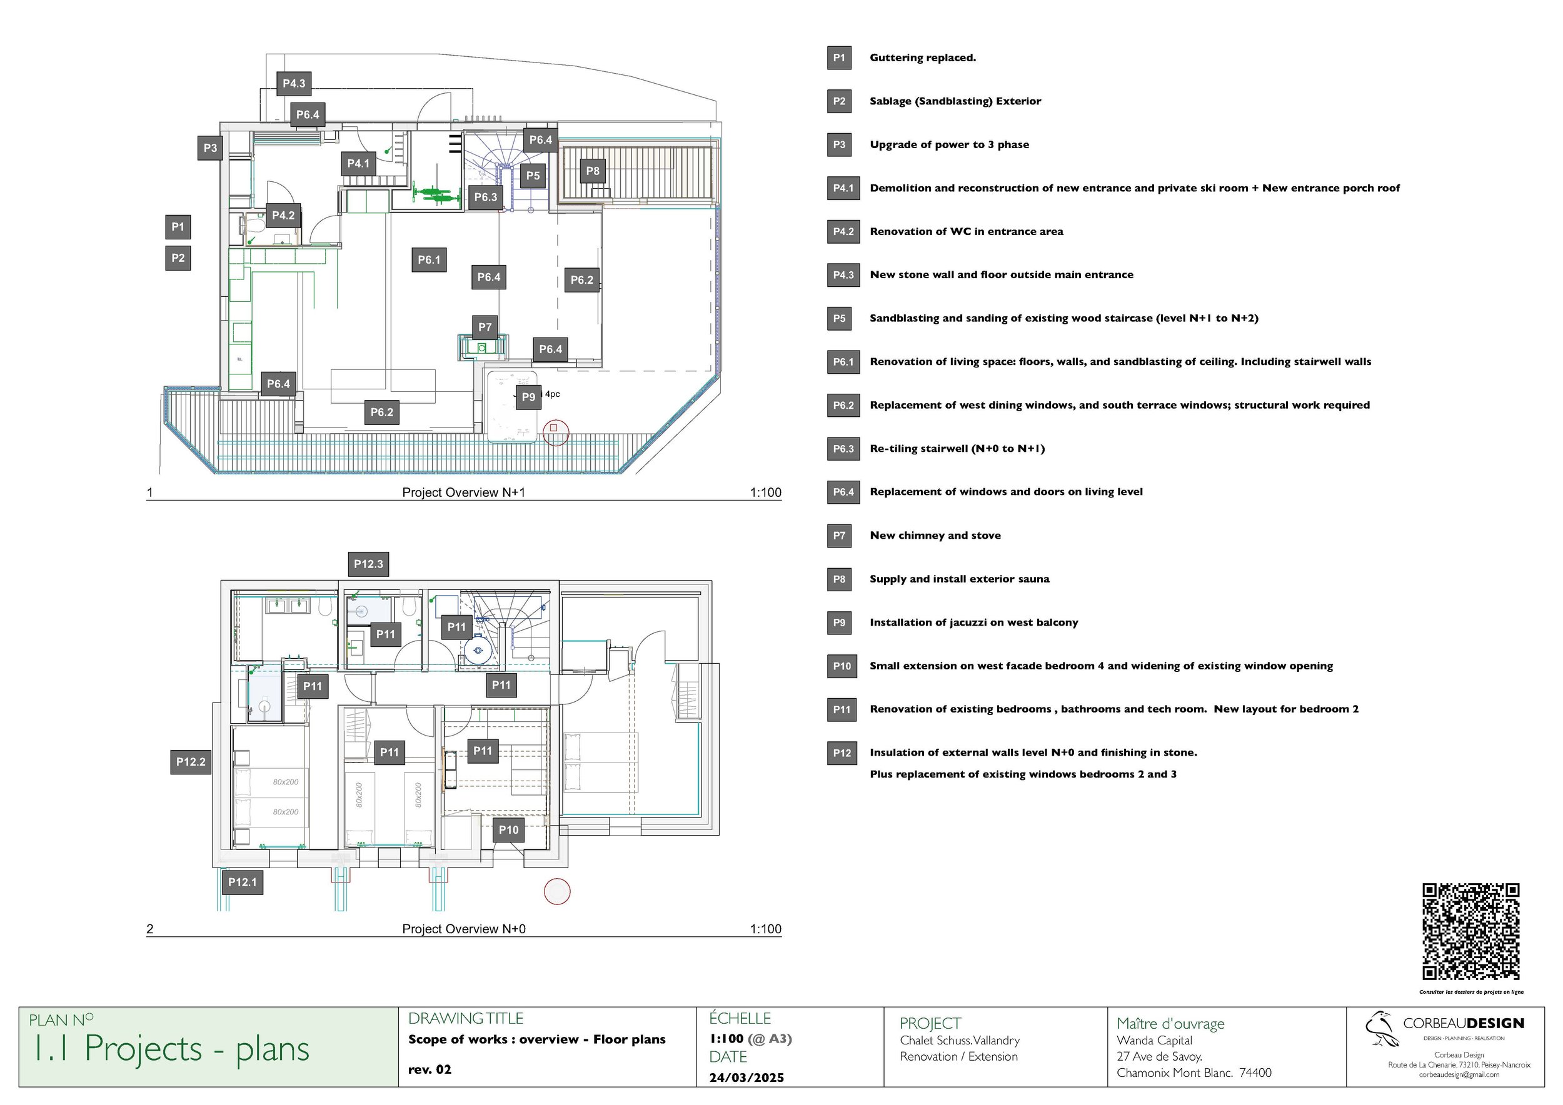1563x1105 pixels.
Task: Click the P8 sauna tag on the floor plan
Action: [x=592, y=171]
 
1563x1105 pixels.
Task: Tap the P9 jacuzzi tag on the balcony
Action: [x=528, y=397]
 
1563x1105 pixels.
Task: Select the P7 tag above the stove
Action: [x=485, y=327]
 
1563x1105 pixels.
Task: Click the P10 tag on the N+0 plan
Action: [x=508, y=829]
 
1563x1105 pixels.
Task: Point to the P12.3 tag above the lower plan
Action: [x=368, y=564]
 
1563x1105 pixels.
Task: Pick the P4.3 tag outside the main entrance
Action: [x=294, y=83]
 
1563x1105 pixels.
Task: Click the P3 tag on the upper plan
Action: [x=210, y=147]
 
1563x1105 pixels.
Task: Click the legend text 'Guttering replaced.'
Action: [x=922, y=58]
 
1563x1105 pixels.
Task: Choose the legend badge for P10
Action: [x=842, y=666]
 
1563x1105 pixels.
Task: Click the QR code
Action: [x=1470, y=931]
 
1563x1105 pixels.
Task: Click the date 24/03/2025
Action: [x=746, y=1077]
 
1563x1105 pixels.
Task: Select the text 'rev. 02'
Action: [x=430, y=1069]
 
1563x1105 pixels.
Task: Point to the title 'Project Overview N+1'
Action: [x=464, y=492]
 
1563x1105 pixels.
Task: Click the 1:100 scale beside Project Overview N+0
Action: [x=765, y=929]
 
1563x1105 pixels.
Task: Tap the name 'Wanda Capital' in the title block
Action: [x=1154, y=1041]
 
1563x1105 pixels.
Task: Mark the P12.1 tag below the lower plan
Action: [x=243, y=882]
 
